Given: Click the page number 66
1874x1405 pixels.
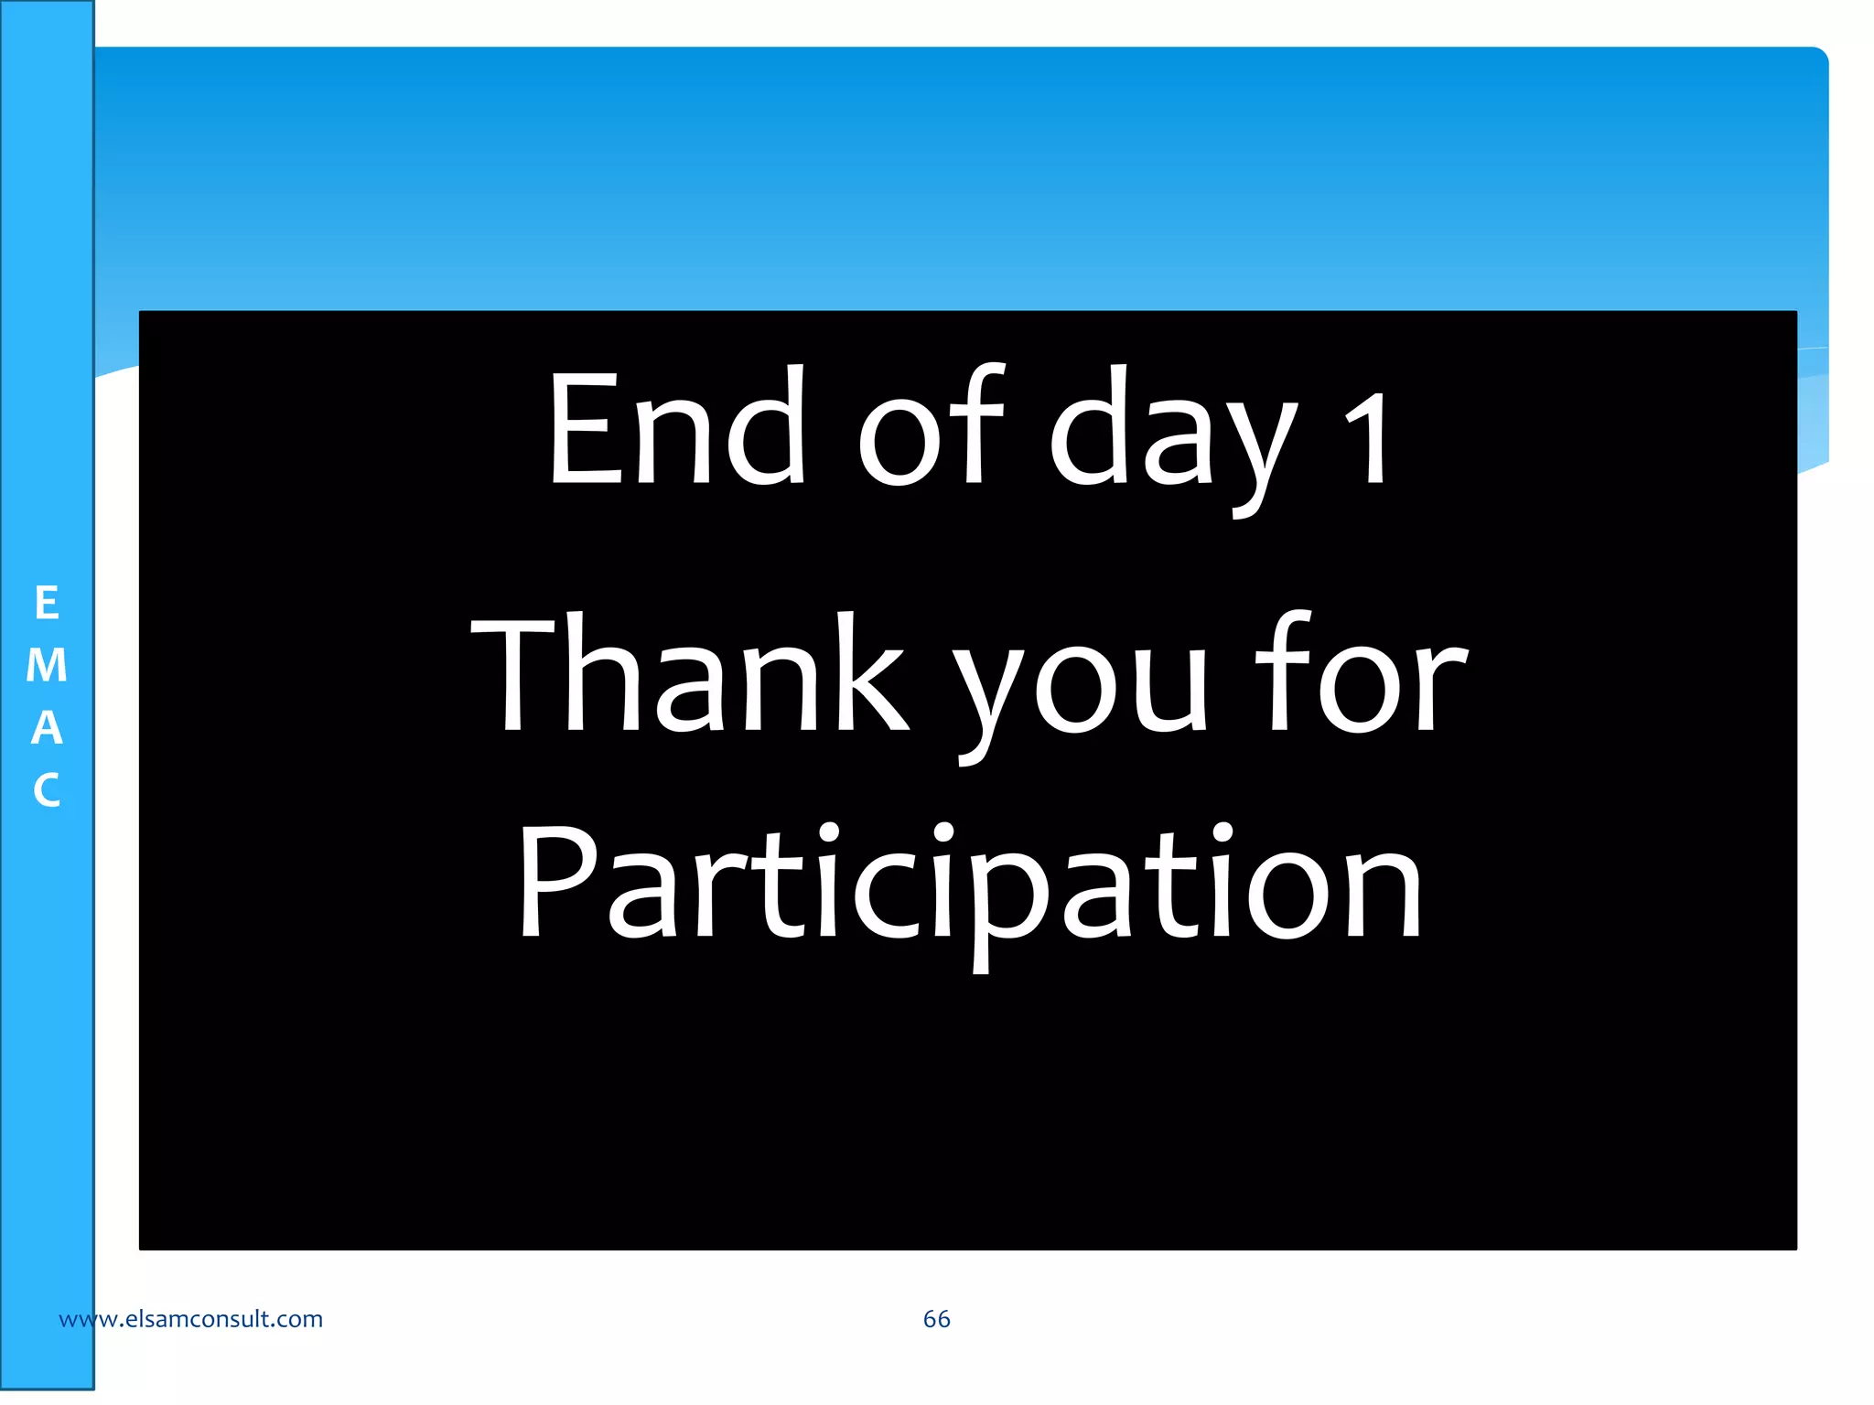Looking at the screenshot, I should pos(936,1319).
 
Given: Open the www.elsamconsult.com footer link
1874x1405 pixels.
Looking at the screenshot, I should pos(190,1319).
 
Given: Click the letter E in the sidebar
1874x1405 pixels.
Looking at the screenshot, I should pos(47,604).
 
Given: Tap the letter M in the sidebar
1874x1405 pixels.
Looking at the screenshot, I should pos(47,666).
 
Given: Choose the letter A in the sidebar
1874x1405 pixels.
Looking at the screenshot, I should pos(47,728).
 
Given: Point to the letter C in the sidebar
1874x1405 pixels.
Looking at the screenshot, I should pos(47,790).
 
